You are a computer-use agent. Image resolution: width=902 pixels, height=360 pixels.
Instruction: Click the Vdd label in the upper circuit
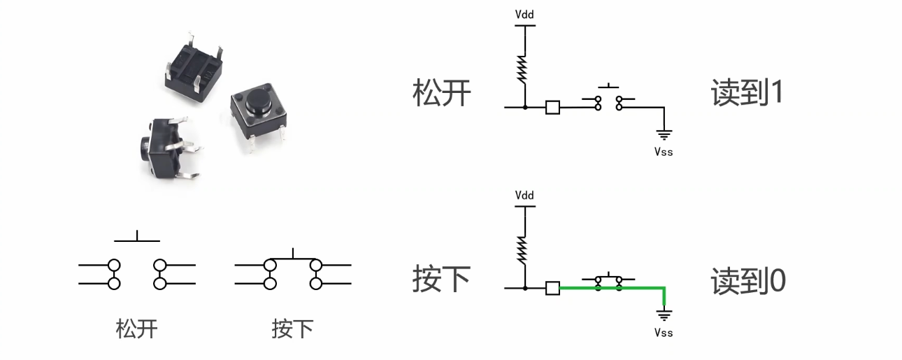pos(524,14)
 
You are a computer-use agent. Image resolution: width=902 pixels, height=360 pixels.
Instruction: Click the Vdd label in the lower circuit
pos(524,195)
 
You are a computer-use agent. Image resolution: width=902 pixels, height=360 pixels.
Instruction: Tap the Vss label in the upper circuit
pos(664,151)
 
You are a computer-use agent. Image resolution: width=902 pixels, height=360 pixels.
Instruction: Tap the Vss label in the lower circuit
pos(664,333)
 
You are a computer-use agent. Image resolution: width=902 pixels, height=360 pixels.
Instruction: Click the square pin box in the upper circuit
pos(552,107)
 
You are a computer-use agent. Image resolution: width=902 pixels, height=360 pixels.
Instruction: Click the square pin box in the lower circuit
pos(552,287)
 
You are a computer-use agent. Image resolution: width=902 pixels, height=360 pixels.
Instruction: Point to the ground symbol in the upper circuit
pos(664,134)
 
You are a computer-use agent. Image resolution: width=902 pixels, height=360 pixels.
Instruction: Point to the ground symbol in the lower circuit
pos(664,315)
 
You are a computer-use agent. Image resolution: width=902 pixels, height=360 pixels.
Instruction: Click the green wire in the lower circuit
pos(643,287)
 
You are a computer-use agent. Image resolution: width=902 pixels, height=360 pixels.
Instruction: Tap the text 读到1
pos(747,93)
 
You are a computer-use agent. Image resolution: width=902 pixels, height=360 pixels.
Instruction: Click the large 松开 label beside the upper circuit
pos(442,93)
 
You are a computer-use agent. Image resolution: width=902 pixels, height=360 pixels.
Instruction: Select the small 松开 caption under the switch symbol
pos(137,329)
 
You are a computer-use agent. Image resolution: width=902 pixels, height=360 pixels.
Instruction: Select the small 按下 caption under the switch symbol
pos(292,329)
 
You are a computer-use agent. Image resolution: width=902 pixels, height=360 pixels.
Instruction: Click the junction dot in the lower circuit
pos(524,288)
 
